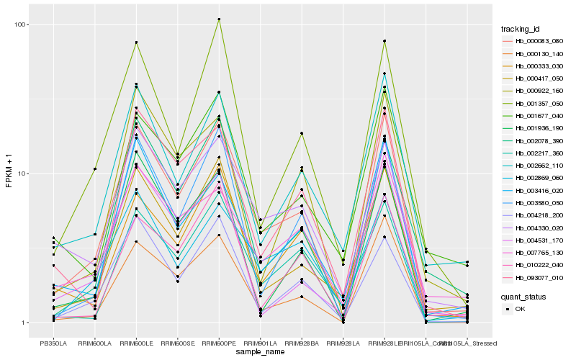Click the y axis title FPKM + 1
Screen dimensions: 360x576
coord(9,173)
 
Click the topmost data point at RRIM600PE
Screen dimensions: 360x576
coord(219,19)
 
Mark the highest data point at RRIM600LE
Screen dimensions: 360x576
coord(135,43)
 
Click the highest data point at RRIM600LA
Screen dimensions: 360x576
coord(94,169)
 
